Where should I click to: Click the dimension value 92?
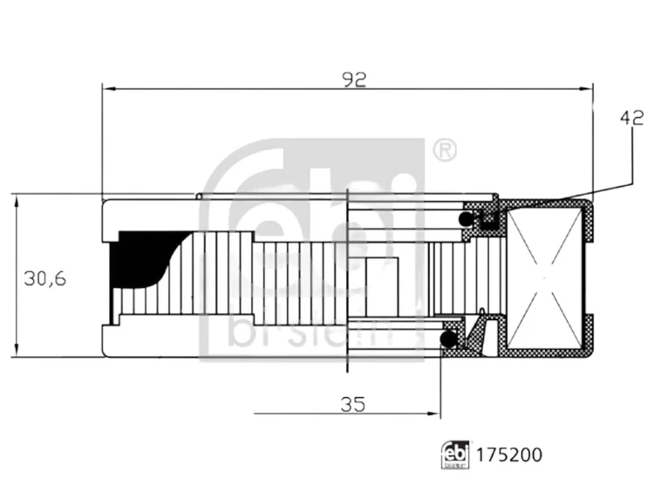[x=354, y=79]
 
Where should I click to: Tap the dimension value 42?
[x=632, y=119]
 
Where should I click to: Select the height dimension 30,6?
[x=45, y=278]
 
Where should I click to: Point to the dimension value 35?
[x=353, y=404]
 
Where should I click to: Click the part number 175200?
[x=509, y=455]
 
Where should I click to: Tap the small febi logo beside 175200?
[x=455, y=455]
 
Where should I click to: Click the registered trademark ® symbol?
[x=445, y=150]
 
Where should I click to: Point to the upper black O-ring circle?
[x=465, y=219]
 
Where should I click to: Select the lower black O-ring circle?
[x=449, y=338]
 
